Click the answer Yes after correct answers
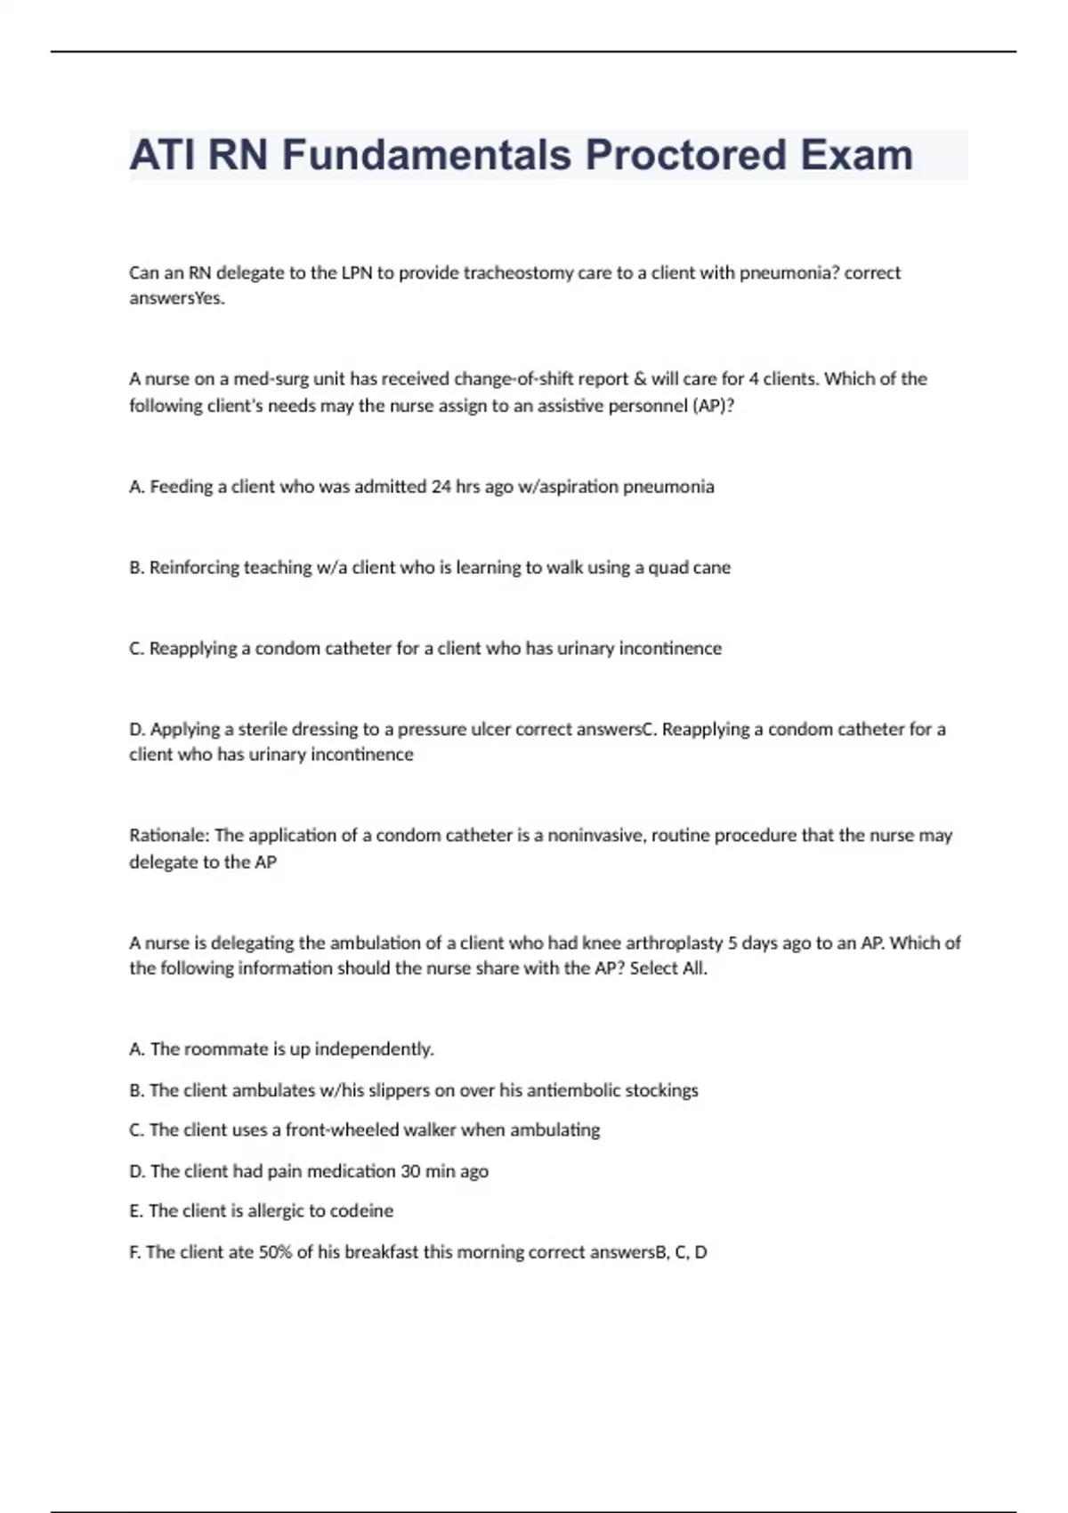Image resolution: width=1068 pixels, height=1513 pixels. coord(210,298)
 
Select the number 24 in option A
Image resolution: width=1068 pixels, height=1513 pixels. coord(441,487)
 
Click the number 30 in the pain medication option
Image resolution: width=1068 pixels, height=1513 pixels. coord(410,1171)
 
